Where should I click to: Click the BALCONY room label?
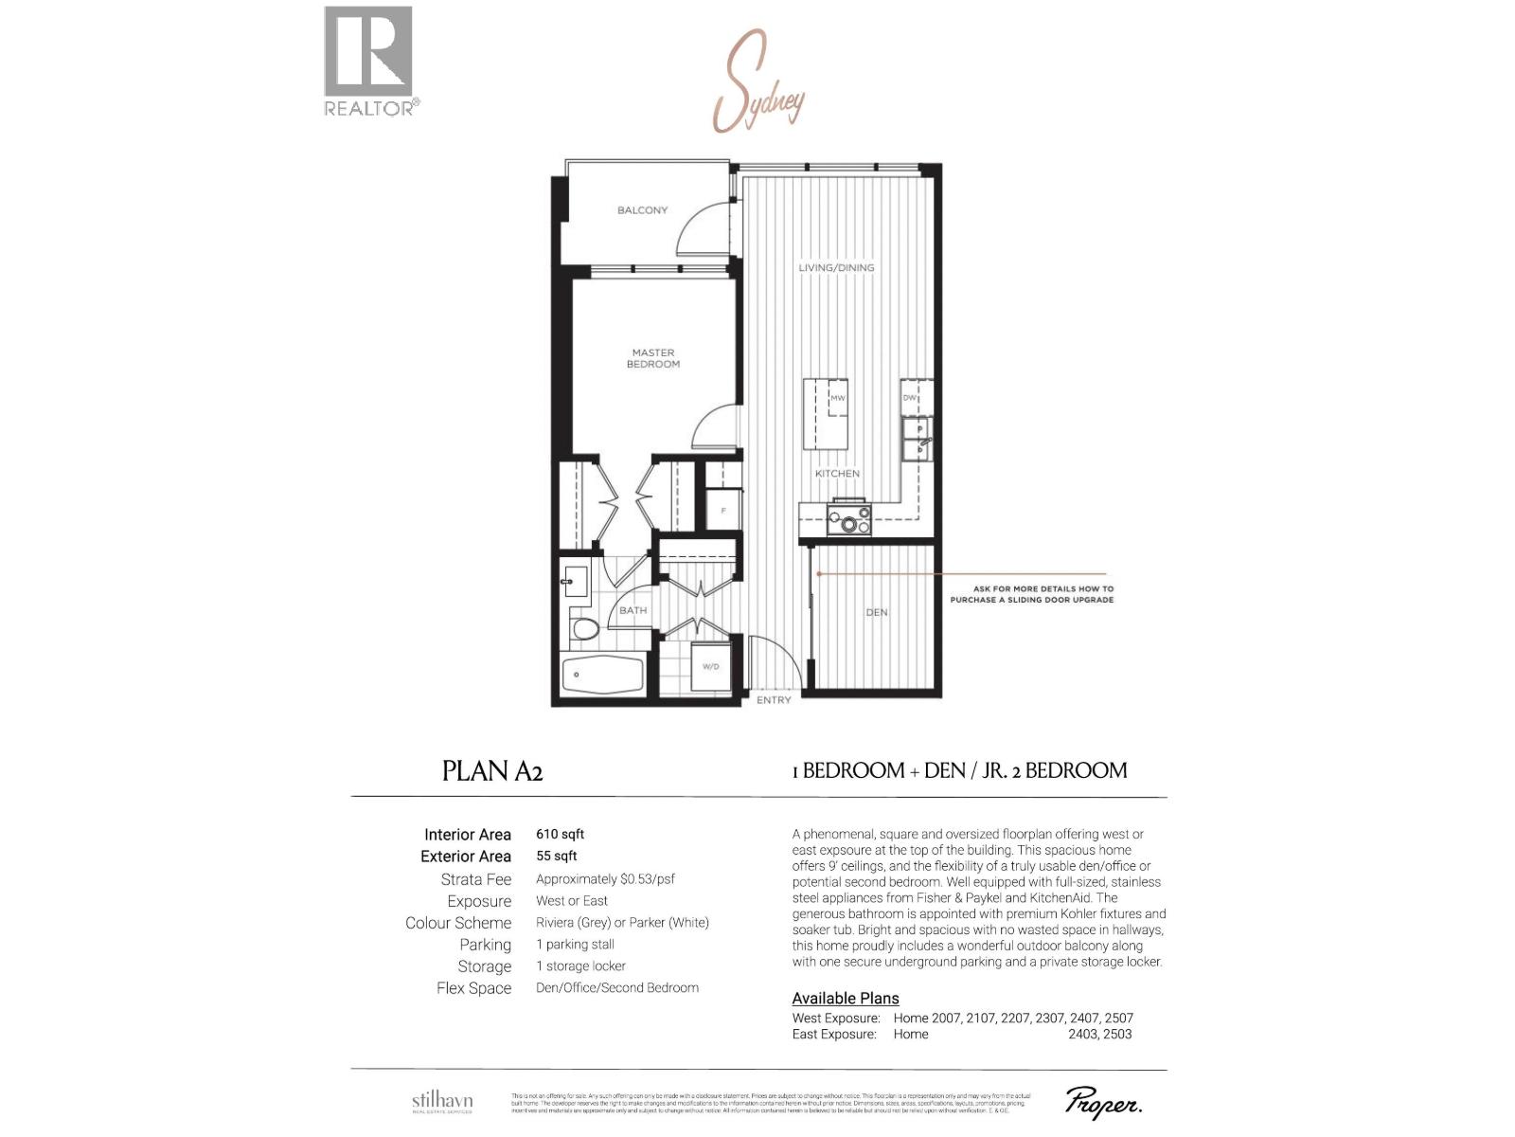[x=642, y=210]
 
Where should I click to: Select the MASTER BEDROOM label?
[x=652, y=358]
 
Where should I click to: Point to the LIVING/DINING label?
[x=836, y=268]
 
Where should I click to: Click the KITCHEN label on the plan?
[x=837, y=474]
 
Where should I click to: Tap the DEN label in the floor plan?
[x=877, y=612]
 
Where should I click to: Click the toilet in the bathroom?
[x=584, y=628]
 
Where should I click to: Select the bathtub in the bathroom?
[x=602, y=676]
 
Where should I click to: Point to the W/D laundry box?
[x=711, y=666]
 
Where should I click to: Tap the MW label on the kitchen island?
[x=837, y=398]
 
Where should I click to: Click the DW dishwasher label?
[x=909, y=398]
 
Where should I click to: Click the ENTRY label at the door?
[x=774, y=700]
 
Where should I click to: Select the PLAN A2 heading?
[x=492, y=771]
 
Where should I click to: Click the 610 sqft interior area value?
[x=560, y=835]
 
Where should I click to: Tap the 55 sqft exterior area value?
[x=557, y=856]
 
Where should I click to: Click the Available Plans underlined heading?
[x=846, y=999]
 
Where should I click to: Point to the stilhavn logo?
[x=442, y=1102]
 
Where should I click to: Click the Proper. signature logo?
[x=1103, y=1103]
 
